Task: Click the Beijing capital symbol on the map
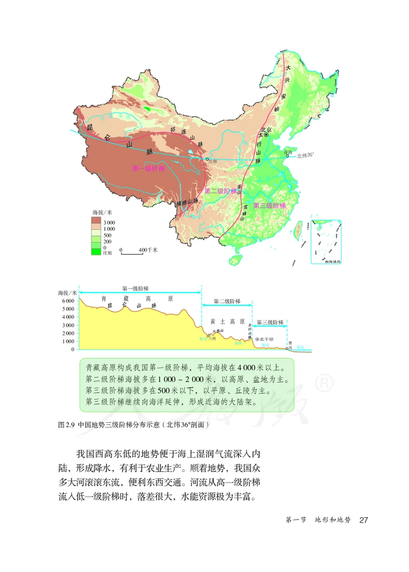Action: [x=266, y=135]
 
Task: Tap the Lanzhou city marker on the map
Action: [x=207, y=159]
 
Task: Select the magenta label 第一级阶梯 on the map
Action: [x=148, y=169]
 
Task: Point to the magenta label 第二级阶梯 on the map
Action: [x=221, y=191]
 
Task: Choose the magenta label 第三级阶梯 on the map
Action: [x=269, y=205]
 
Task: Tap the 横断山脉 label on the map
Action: [x=187, y=203]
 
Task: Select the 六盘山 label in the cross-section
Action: [x=218, y=330]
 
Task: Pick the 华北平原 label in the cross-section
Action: [x=264, y=339]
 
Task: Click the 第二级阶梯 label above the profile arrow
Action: [x=226, y=301]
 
